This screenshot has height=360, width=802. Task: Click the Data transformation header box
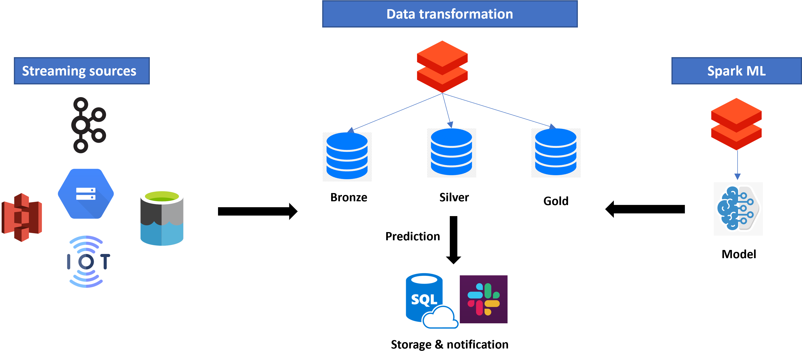point(450,14)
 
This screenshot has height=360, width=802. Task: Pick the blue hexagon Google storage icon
point(86,194)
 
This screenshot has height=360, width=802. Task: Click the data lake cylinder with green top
point(162,217)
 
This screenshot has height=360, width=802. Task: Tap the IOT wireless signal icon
point(87,261)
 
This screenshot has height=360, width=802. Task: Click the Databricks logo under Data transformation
point(442,67)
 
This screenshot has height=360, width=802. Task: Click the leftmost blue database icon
point(347,157)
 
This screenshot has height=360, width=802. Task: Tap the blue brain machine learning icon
point(738,209)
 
